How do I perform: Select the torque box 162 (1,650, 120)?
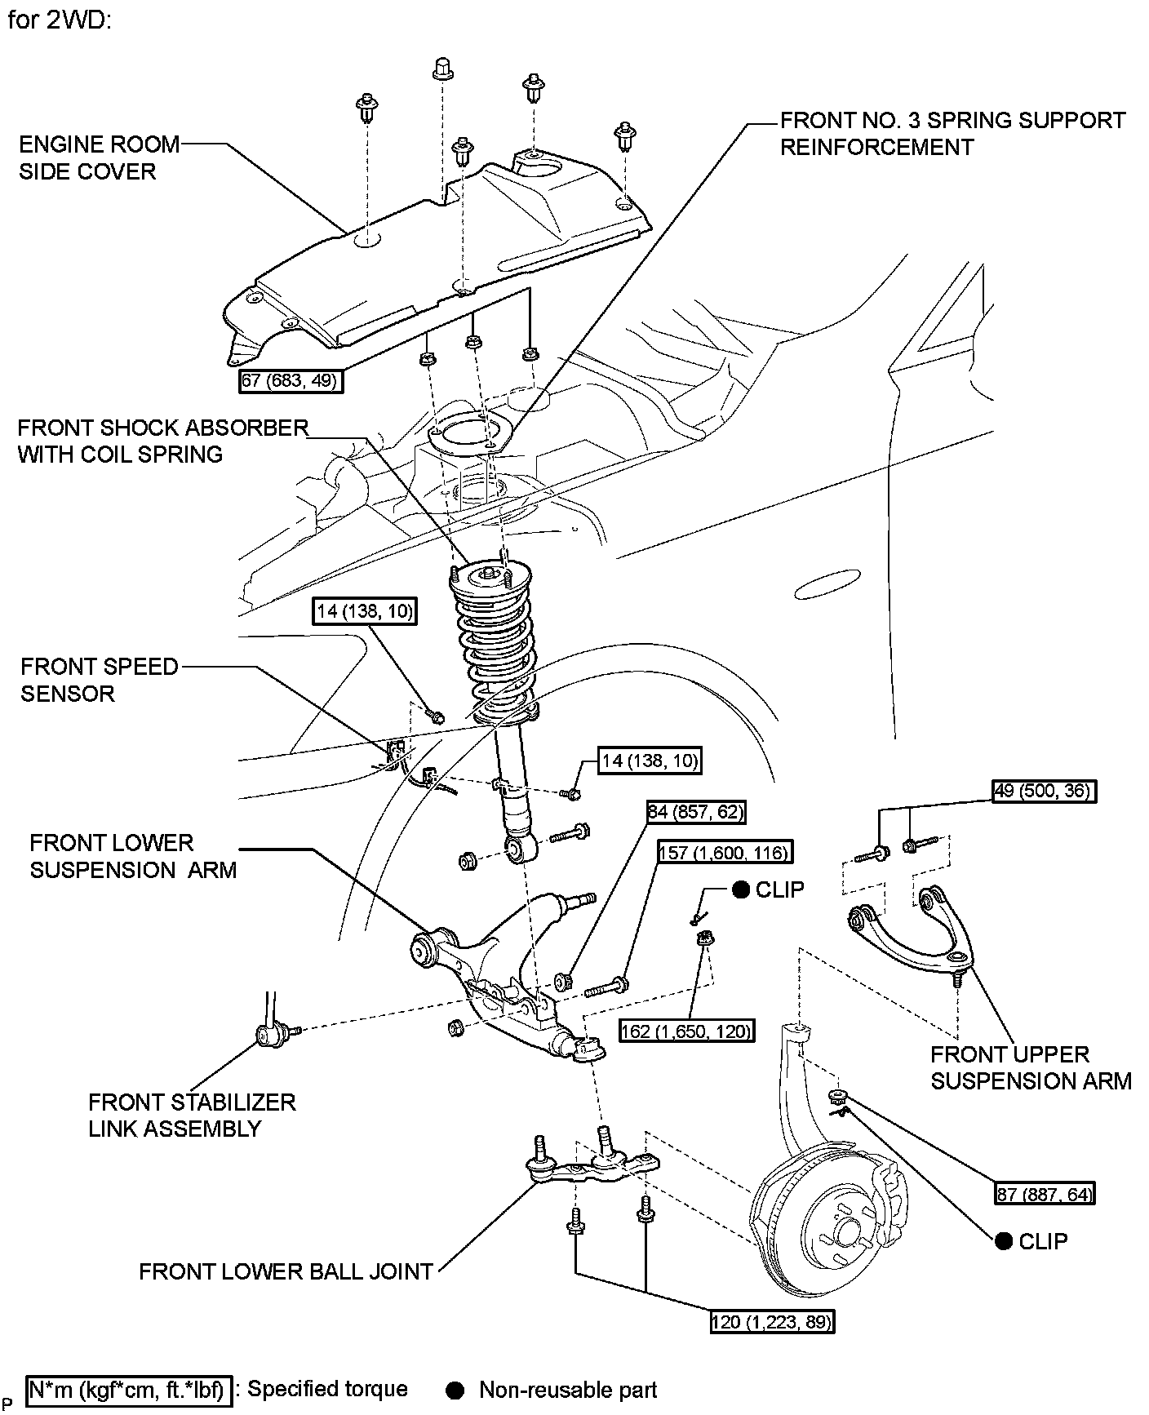pos(685,1031)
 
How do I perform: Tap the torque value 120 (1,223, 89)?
pos(772,1322)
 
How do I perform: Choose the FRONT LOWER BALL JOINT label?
pos(286,1271)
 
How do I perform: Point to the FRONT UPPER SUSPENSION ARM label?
pos(1031,1067)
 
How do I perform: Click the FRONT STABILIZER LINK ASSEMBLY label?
pos(192,1115)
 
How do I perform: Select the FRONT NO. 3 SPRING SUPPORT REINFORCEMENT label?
pos(952,134)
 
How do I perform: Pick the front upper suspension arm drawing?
pos(910,930)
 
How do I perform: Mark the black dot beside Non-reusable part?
pos(455,1390)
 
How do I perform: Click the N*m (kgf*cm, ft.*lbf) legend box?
pos(129,1390)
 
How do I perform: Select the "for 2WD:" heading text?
pos(59,20)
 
